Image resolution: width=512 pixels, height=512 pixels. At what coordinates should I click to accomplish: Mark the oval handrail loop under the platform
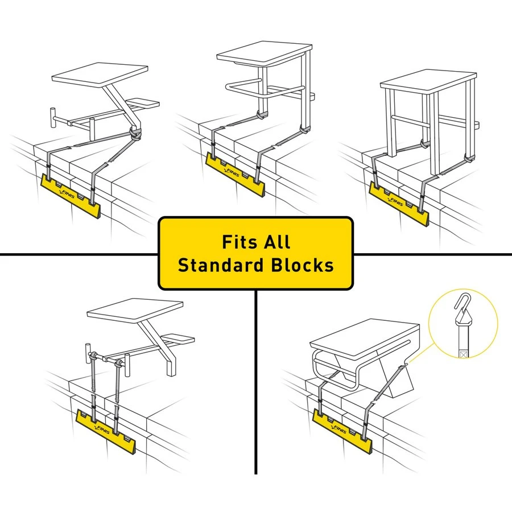pos(263,89)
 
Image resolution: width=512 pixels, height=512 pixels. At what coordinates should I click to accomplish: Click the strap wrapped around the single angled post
pos(135,134)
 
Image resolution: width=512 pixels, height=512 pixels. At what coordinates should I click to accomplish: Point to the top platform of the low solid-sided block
pos(364,336)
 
